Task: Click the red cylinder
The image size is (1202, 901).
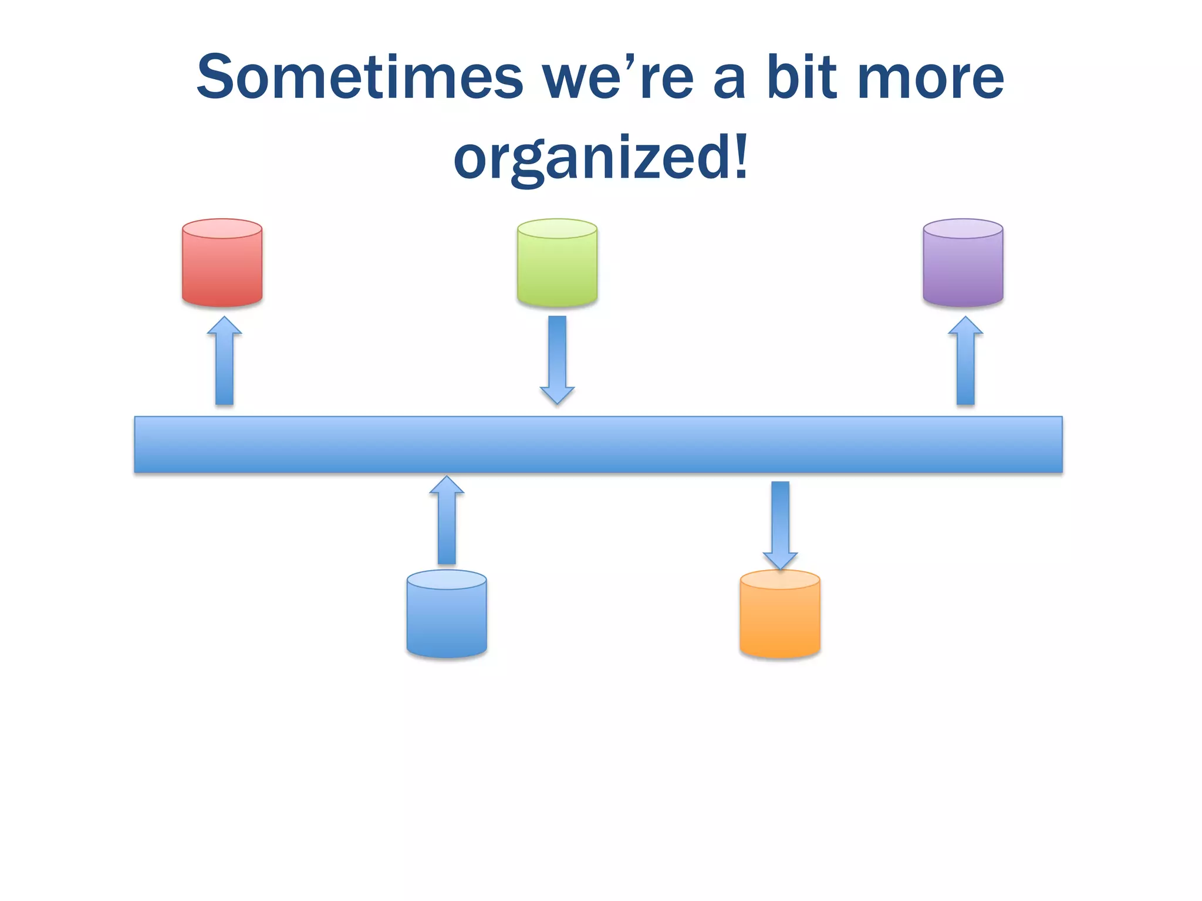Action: coord(222,267)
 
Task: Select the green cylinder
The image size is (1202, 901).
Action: coord(557,267)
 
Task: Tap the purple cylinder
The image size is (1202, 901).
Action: coord(963,267)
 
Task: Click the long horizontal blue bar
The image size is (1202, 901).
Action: coord(598,444)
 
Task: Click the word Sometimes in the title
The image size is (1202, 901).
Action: coord(359,77)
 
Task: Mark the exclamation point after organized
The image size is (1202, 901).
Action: coord(740,156)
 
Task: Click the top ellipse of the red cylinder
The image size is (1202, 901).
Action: coord(222,229)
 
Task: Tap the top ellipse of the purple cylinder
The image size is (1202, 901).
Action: coord(963,229)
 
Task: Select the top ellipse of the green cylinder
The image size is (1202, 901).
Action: coord(557,229)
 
